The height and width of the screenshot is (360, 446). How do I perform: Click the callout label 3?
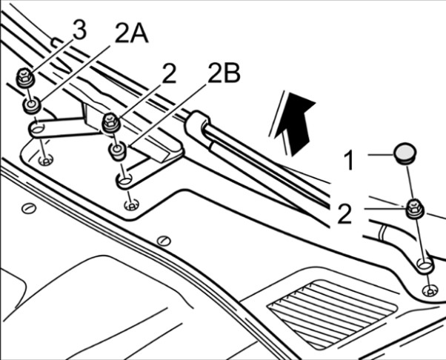[x=79, y=30]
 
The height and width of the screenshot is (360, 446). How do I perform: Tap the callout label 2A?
[x=132, y=33]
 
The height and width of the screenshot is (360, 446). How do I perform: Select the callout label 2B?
[x=224, y=73]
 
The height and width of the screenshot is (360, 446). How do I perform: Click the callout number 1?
[x=349, y=161]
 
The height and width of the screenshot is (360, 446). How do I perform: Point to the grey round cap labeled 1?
[x=405, y=154]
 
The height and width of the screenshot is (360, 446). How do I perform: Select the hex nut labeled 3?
[x=25, y=77]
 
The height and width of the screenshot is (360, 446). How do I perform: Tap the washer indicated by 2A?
[x=32, y=105]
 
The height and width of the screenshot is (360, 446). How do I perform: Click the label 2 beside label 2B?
[x=170, y=73]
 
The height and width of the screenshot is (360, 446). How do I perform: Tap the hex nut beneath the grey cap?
[x=414, y=209]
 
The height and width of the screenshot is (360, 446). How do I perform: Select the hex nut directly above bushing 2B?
[x=111, y=122]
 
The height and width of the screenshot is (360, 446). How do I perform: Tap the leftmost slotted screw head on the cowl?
[x=29, y=208]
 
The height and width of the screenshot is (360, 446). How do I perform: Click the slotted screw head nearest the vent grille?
[x=164, y=241]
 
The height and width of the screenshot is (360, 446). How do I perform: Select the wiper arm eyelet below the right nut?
[x=425, y=265]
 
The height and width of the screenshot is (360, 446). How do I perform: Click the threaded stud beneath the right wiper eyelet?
[x=430, y=291]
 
